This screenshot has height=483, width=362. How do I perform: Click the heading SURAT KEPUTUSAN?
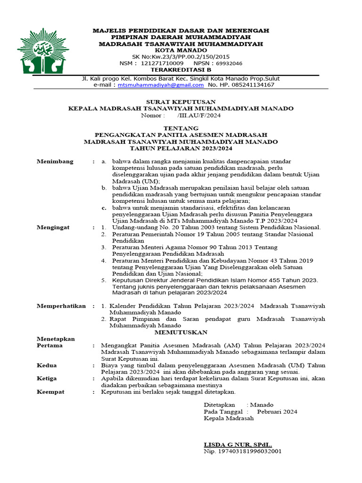click(181, 102)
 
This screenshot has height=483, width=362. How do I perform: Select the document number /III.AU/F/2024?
click(199, 115)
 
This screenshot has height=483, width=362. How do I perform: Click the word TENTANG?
click(181, 128)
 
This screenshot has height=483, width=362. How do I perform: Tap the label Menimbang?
click(55, 161)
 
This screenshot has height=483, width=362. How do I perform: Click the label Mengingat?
click(53, 227)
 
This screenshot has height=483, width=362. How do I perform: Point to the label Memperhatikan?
click(61, 306)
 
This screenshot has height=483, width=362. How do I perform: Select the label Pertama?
click(49, 346)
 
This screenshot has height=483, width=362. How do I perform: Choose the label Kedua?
click(47, 366)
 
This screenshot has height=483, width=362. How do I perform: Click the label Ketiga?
click(47, 379)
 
